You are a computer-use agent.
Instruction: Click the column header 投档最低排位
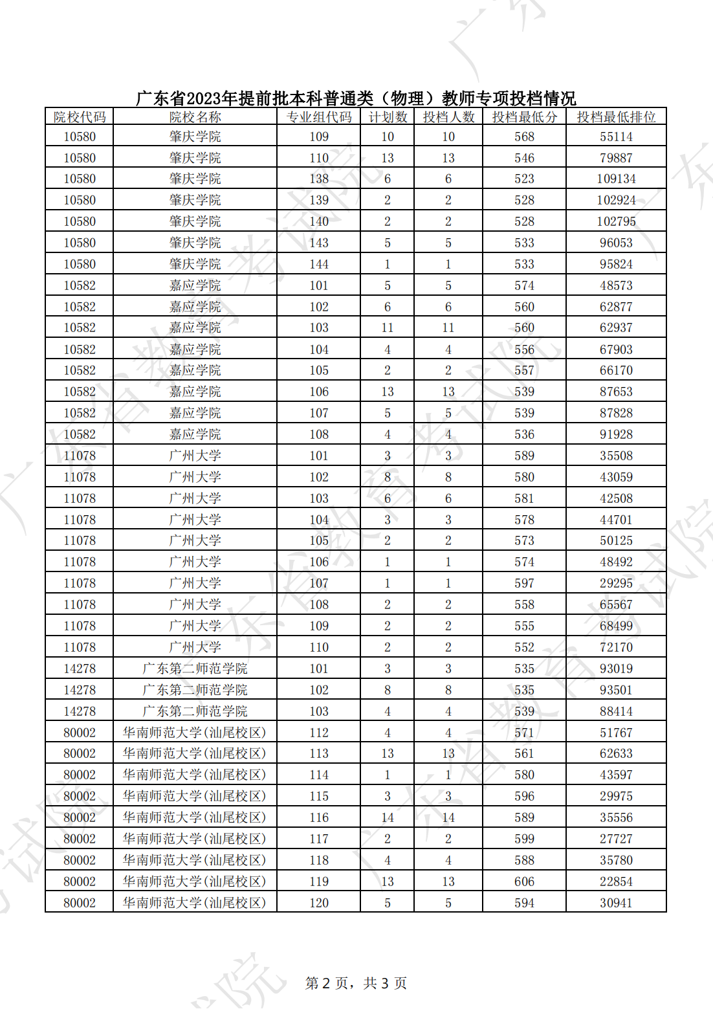616,117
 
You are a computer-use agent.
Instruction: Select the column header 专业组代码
319,117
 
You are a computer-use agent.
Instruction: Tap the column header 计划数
388,117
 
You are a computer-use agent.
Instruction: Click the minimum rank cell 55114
616,137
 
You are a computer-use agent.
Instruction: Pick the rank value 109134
616,179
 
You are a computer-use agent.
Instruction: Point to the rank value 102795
616,221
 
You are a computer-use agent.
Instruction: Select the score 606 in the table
524,881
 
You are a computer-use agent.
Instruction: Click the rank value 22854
616,881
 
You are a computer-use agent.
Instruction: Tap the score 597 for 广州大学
524,583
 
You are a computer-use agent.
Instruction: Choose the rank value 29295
616,583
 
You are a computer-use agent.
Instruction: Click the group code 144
319,264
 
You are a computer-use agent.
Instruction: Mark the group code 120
319,903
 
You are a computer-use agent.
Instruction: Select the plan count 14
388,817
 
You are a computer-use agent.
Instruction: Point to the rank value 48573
616,285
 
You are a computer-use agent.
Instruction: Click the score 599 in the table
524,839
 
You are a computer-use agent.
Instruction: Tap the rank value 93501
616,690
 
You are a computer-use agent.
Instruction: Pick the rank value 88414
616,711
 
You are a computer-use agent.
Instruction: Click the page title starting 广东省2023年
356,98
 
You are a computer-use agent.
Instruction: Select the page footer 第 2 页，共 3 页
356,983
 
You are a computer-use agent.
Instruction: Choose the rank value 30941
616,903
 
